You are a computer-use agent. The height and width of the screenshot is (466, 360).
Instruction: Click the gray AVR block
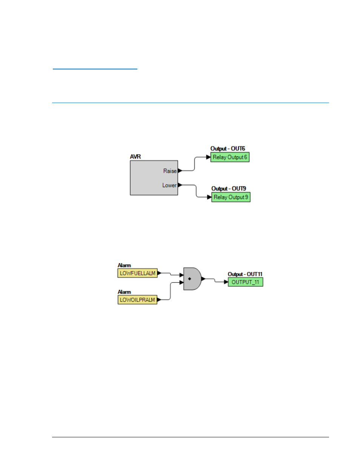154,178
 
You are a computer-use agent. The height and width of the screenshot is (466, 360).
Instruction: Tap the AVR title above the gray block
135,157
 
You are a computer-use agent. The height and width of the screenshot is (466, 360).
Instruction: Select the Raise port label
170,171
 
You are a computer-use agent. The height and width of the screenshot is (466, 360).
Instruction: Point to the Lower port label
169,185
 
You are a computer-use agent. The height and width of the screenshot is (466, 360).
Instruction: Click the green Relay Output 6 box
230,157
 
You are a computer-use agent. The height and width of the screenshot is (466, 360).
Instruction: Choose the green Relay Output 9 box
231,197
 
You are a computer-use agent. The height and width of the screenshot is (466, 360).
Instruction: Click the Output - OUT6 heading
228,149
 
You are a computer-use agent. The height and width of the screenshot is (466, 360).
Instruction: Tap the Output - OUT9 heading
229,189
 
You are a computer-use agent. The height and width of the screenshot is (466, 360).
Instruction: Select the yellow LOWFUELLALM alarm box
137,273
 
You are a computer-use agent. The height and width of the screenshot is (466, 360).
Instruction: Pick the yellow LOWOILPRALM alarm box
137,300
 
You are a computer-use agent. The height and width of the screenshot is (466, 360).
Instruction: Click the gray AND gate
192,279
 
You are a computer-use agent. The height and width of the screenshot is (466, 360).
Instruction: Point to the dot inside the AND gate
189,279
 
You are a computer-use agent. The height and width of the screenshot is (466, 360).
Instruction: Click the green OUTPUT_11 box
246,282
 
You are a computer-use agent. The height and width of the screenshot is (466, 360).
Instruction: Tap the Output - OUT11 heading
245,274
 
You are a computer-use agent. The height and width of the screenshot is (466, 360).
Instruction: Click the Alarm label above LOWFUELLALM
124,266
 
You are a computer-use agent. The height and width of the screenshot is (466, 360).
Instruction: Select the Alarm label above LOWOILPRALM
124,292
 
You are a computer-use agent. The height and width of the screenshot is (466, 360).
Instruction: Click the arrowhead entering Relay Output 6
208,157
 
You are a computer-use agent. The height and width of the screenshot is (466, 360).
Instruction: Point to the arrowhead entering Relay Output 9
209,197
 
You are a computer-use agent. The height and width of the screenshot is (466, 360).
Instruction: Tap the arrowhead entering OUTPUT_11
226,282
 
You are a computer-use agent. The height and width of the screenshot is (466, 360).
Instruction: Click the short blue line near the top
95,69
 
